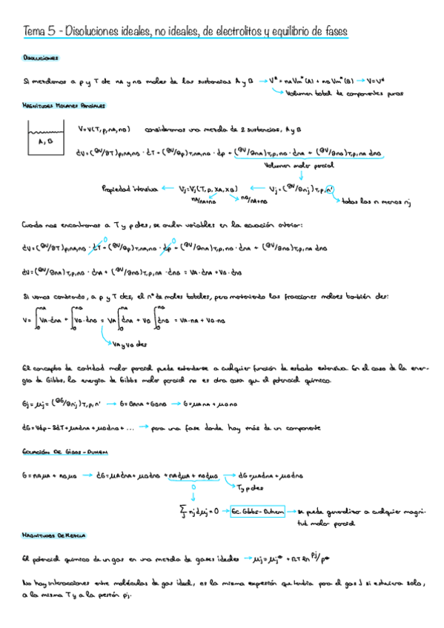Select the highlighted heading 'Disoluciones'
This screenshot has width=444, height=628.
click(x=42, y=58)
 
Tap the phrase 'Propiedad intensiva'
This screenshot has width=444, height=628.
click(x=128, y=190)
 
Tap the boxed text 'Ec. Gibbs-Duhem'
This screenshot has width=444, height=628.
click(x=257, y=511)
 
